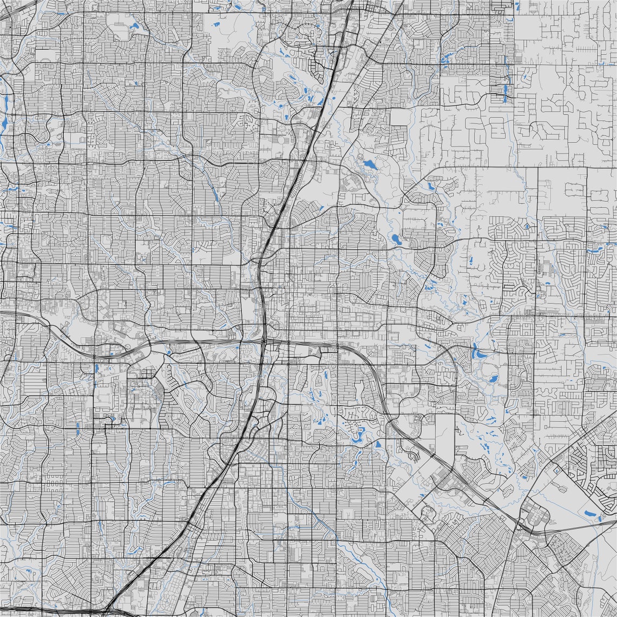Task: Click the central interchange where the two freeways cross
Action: coord(264,342)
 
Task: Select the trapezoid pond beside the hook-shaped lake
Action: coord(378,444)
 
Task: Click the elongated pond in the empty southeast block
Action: coord(590,512)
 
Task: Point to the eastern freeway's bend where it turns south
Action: coord(375,373)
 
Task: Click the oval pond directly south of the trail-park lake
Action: coord(396,238)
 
